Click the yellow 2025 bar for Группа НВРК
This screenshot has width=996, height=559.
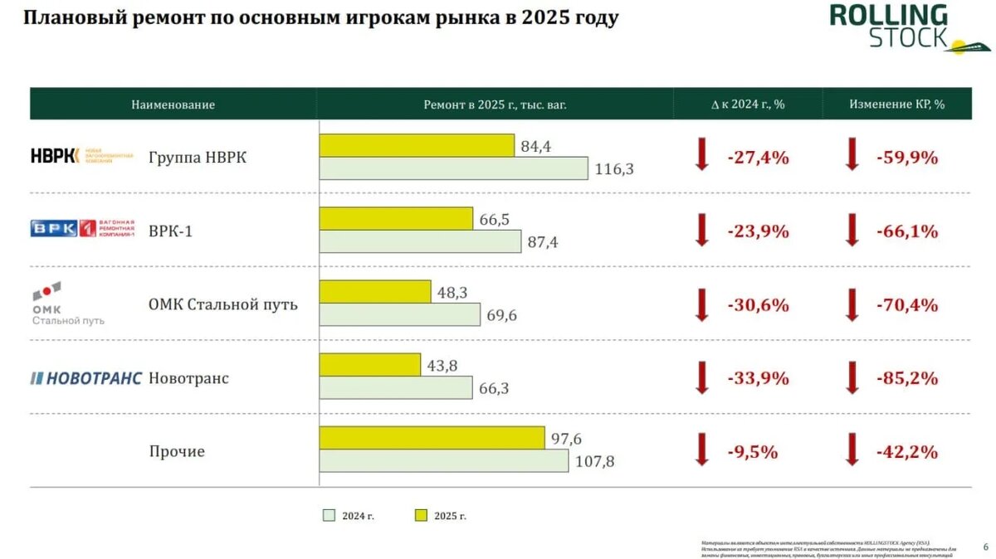pos(417,145)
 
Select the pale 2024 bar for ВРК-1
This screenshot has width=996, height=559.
pos(421,241)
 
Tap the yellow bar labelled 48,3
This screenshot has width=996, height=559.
pos(375,291)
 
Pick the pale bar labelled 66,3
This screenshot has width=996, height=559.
pos(396,388)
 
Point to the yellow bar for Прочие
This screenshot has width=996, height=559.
pos(432,438)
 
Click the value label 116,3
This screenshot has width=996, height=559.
pos(614,169)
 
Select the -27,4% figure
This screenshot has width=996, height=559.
pos(758,158)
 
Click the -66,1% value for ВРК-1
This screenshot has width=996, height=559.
pos(907,231)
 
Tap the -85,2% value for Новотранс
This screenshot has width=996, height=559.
pos(907,378)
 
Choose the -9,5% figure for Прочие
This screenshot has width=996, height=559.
pos(752,452)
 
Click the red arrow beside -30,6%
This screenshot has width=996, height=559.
pos(702,304)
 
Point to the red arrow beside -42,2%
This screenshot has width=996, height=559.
pos(852,451)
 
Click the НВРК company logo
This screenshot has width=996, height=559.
pos(81,155)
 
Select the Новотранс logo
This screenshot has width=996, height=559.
pos(86,378)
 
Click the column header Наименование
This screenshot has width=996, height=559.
pos(173,105)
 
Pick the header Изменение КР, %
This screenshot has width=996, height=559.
pos(897,105)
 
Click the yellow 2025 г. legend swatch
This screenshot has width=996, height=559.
pos(421,516)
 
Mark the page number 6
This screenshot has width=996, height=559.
pos(985,547)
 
